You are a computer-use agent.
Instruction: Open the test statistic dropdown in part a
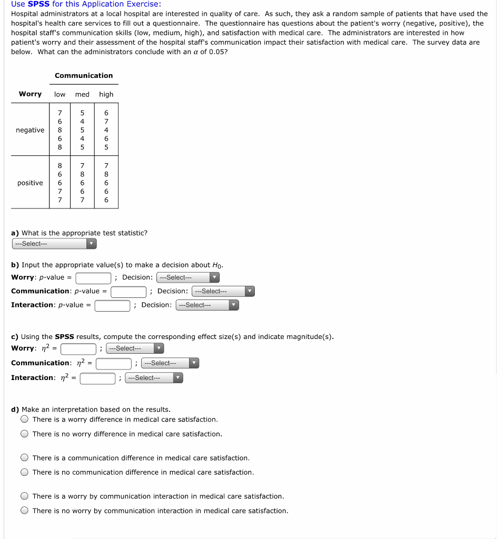pyautogui.click(x=54, y=244)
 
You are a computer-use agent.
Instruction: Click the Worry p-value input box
pyautogui.click(x=93, y=278)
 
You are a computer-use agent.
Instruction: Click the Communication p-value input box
pyautogui.click(x=128, y=292)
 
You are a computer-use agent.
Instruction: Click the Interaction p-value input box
pyautogui.click(x=112, y=305)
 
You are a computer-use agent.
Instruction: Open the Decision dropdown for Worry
pyautogui.click(x=187, y=277)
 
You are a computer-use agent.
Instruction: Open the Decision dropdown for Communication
pyautogui.click(x=223, y=291)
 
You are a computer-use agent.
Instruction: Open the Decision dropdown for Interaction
pyautogui.click(x=207, y=305)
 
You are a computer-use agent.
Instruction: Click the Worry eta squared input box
pyautogui.click(x=78, y=348)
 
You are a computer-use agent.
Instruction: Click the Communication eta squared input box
pyautogui.click(x=113, y=363)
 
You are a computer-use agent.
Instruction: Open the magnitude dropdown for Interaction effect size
pyautogui.click(x=154, y=378)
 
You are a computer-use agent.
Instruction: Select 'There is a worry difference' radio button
pyautogui.click(x=25, y=420)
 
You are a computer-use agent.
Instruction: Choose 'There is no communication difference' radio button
pyautogui.click(x=25, y=472)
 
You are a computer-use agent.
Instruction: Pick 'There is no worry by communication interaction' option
pyautogui.click(x=25, y=511)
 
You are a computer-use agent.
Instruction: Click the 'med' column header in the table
pyautogui.click(x=82, y=94)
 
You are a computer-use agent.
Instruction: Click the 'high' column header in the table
pyautogui.click(x=106, y=94)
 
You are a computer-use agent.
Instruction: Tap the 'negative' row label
pyautogui.click(x=30, y=130)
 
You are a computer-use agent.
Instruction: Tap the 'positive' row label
pyautogui.click(x=30, y=183)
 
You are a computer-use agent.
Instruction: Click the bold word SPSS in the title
pyautogui.click(x=38, y=4)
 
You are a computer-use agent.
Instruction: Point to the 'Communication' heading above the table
pyautogui.click(x=84, y=75)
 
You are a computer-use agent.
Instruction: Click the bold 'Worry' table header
pyautogui.click(x=30, y=94)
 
